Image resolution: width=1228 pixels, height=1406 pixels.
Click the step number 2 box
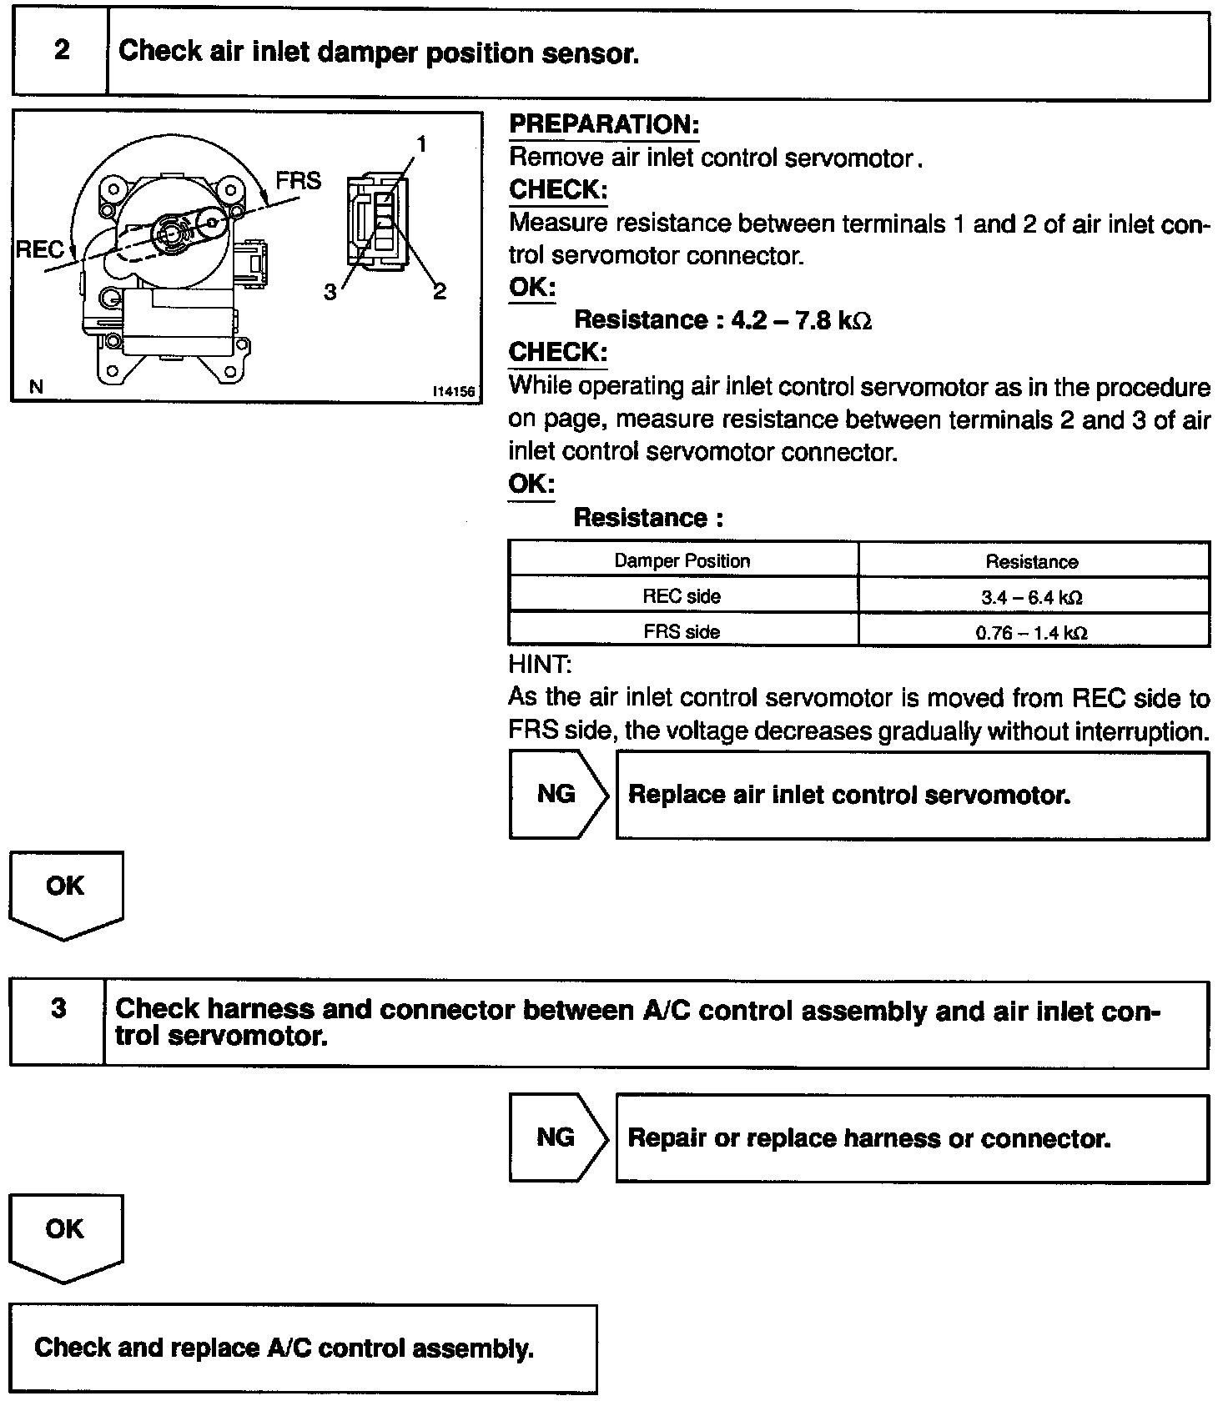pos(61,52)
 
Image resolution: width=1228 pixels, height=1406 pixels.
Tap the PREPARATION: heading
pos(604,125)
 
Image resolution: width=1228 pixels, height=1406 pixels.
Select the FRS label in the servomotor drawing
pos(298,181)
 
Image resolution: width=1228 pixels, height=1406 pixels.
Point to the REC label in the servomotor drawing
pos(39,249)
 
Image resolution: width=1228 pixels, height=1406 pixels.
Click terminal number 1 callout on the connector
pos(422,145)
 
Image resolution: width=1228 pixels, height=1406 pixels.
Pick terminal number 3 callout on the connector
pos(330,292)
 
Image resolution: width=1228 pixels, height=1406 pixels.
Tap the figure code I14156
pos(453,391)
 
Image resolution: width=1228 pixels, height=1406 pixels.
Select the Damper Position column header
pos(682,561)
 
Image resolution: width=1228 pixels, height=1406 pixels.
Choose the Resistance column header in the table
pos(1032,562)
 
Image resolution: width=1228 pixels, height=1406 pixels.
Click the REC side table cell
pos(682,596)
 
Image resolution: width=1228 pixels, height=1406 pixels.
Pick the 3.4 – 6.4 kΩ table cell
pos(1032,597)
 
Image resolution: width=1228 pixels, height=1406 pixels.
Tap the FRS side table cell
pos(682,631)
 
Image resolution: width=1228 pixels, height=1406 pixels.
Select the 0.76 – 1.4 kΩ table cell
pos(1032,632)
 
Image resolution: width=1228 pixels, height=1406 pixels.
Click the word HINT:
pos(540,665)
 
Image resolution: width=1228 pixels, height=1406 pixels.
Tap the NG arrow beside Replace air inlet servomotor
pos(556,794)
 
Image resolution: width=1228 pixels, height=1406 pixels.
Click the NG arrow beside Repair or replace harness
pos(556,1137)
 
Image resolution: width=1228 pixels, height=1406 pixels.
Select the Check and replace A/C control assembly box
pos(304,1348)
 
